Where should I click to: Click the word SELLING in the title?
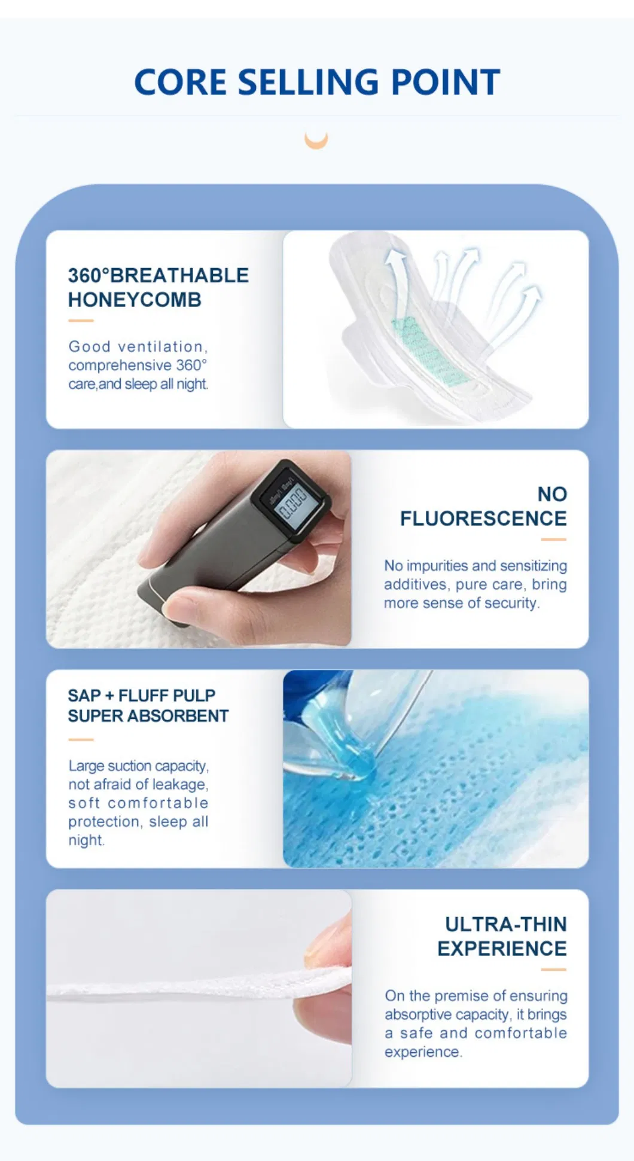click(x=308, y=82)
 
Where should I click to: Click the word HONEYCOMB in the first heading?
click(x=135, y=300)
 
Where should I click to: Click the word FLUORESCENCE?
click(x=483, y=519)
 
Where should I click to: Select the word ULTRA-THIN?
click(x=505, y=924)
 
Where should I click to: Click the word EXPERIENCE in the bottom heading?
click(x=502, y=949)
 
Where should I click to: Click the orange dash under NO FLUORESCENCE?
click(x=553, y=540)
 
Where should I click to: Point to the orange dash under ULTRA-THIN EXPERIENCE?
click(x=553, y=970)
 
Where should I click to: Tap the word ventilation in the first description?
click(x=163, y=347)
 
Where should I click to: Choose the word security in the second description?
click(x=512, y=603)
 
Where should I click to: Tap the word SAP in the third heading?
click(x=84, y=696)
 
